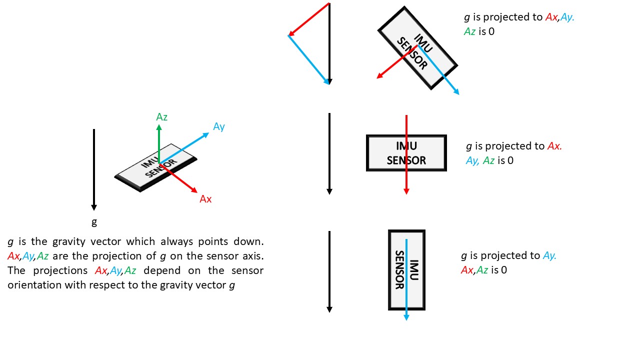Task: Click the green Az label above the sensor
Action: (x=161, y=117)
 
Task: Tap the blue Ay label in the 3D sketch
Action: (x=218, y=126)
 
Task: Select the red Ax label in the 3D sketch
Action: (x=205, y=199)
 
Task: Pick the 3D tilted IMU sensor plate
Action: (x=155, y=167)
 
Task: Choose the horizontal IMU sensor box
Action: (x=406, y=153)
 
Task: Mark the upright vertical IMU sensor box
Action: (x=406, y=270)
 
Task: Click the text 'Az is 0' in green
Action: (x=479, y=31)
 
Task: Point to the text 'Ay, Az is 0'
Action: (x=489, y=160)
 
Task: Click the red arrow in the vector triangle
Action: (x=308, y=19)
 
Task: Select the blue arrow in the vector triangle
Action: (x=308, y=59)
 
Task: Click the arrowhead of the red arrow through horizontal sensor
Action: (x=406, y=191)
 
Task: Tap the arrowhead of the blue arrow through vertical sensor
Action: (x=406, y=317)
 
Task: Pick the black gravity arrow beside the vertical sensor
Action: (x=329, y=272)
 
